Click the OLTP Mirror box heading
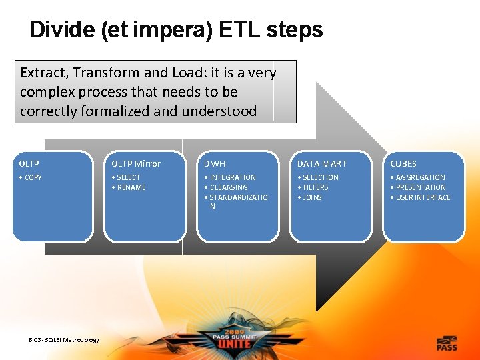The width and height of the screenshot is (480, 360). pos(136,163)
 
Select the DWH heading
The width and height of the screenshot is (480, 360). pos(215,163)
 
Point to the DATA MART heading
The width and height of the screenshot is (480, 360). pos(322,163)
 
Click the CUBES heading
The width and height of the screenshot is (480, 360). pos(403,163)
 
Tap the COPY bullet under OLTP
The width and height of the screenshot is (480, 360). pos(31,177)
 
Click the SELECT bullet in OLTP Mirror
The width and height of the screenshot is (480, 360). pos(127,177)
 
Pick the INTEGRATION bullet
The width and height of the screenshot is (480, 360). pos(231,177)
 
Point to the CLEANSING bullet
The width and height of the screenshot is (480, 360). pos(229,187)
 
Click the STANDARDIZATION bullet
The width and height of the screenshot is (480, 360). pos(237,197)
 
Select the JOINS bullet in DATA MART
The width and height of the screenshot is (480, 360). pos(311,197)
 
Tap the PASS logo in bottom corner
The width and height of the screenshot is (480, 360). pos(447,343)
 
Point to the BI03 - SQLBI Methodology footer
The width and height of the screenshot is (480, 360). pos(64,340)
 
